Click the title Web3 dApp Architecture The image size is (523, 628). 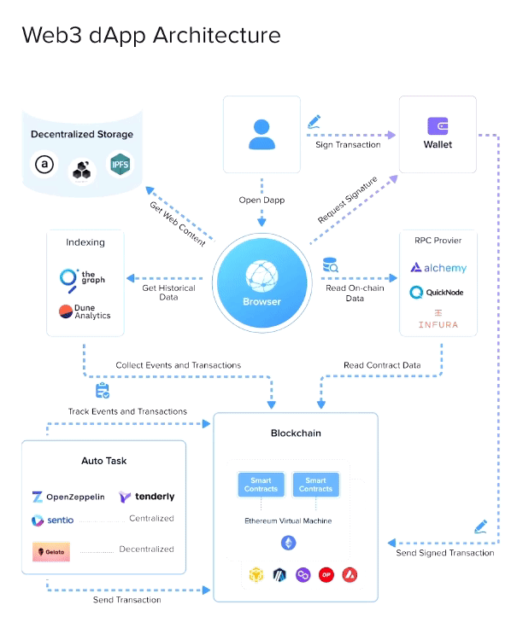pos(150,35)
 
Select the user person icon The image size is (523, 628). pos(262,134)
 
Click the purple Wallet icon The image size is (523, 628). pos(438,127)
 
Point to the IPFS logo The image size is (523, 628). pos(120,163)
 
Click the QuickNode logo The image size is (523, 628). pos(438,293)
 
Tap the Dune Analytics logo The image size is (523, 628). pos(85,312)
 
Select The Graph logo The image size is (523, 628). pos(82,277)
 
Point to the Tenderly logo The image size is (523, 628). pos(147,497)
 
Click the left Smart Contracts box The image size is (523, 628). pos(261,485)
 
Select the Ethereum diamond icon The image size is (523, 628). pos(288,543)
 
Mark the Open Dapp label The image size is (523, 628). pos(262,201)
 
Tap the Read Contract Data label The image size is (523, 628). pos(382,365)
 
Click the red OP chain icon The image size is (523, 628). pos(326,575)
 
